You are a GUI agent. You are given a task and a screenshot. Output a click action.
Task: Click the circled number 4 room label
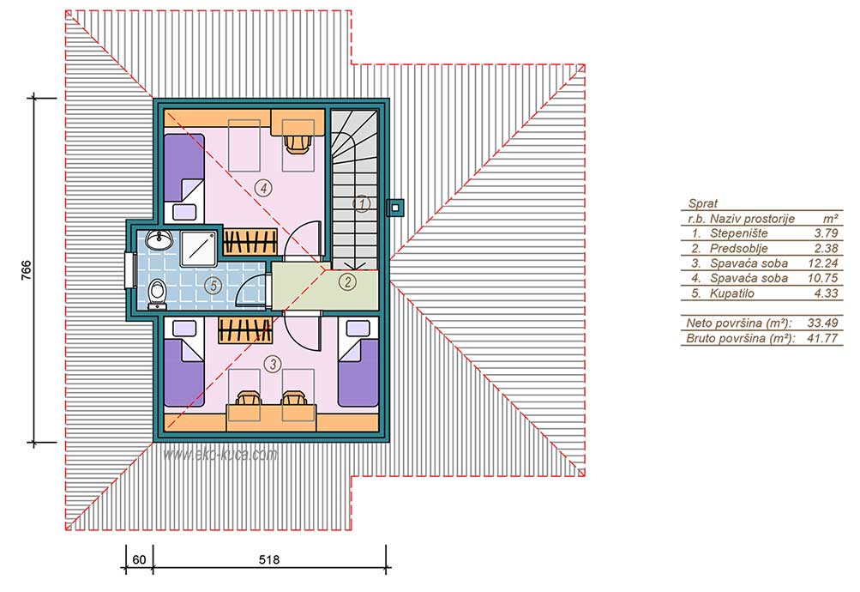(264, 188)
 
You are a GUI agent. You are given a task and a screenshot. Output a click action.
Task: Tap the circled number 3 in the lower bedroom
(273, 363)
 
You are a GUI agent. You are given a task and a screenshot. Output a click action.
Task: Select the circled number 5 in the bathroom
(213, 286)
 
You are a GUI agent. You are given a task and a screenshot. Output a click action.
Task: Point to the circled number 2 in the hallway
(347, 282)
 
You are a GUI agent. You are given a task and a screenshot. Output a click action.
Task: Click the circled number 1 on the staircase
(362, 204)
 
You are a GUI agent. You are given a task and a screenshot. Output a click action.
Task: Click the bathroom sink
(159, 239)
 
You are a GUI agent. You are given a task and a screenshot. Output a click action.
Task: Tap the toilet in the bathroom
(158, 293)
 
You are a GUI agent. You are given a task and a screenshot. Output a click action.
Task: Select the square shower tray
(199, 249)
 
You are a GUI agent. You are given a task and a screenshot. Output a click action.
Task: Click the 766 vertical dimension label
(26, 270)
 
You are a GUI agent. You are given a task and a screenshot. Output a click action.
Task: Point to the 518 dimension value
(268, 559)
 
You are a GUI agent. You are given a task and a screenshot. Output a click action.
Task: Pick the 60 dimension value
(139, 559)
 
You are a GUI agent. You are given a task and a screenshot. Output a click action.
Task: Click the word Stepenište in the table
(738, 233)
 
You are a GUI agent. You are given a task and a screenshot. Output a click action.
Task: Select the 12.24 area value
(823, 263)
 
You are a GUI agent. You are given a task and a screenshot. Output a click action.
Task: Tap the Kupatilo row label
(731, 293)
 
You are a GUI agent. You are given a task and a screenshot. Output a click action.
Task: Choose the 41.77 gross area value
(822, 338)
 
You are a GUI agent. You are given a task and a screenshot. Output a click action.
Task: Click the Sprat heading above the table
(702, 203)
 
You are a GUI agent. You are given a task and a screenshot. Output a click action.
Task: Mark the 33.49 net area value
(822, 323)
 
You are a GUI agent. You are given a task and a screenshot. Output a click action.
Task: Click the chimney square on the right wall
(395, 208)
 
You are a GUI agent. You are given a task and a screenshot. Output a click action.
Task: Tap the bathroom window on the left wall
(130, 269)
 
